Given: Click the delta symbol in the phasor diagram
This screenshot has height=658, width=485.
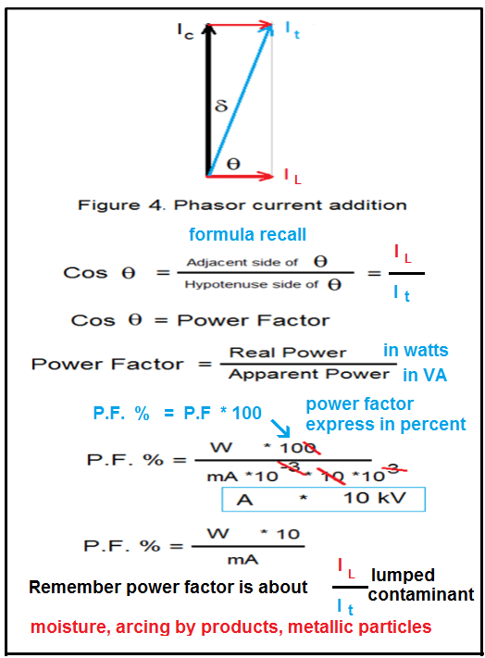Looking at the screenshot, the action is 221,106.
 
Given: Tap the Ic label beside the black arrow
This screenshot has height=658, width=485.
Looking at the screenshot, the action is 185,31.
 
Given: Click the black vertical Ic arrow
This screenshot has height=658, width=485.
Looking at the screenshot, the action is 208,100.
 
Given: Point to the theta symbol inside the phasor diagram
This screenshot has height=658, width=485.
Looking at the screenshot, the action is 233,164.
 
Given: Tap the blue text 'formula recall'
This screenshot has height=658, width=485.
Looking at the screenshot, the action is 247,234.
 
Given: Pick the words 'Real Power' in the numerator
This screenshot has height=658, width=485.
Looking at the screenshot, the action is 288,353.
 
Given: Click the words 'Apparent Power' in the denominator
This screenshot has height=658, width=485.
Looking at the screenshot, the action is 309,374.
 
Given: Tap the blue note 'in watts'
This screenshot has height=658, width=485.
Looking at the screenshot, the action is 416,351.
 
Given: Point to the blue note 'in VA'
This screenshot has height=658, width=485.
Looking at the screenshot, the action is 425,375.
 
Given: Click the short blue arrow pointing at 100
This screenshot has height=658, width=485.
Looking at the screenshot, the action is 280,428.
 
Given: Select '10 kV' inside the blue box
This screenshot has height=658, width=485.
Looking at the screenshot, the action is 375,498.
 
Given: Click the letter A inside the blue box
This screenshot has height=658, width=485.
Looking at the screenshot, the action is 245,500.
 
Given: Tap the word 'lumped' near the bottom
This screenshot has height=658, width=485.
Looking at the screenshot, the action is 403,576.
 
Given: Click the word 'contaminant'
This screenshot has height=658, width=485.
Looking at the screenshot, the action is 421,595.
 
